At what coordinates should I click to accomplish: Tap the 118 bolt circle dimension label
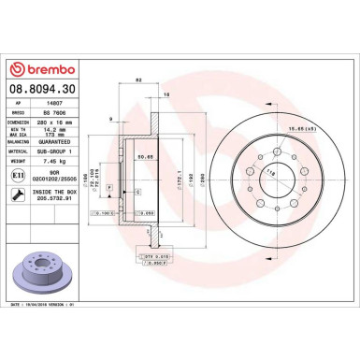(246, 174)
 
